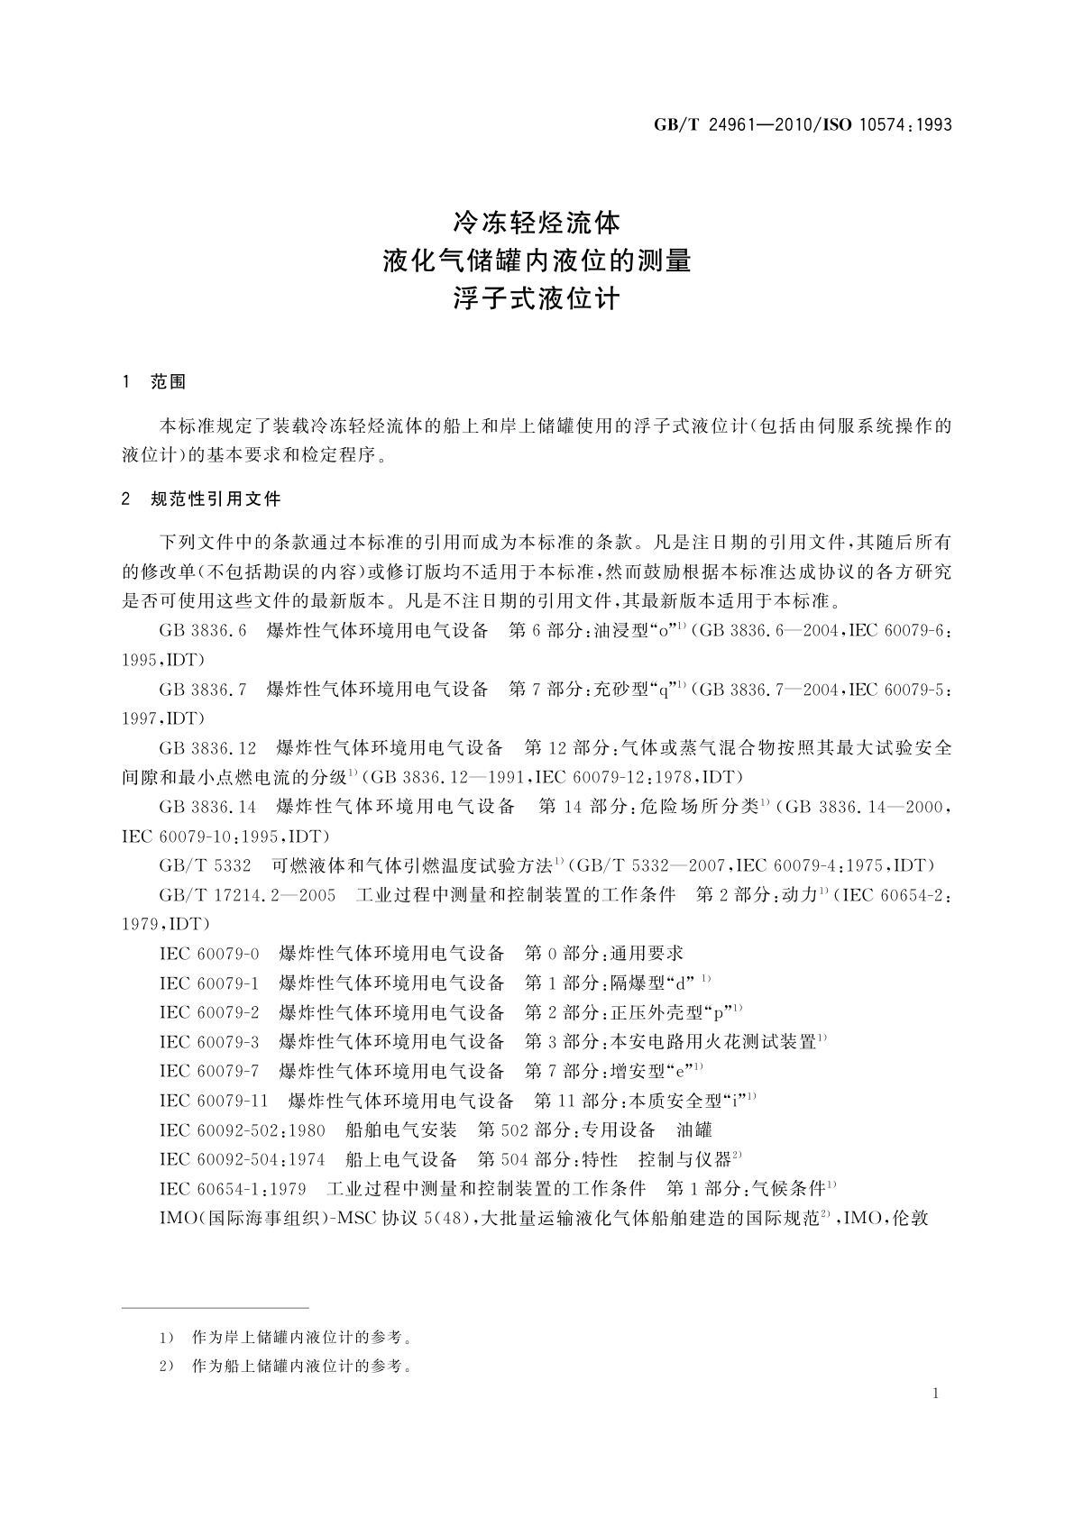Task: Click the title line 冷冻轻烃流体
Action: click(537, 222)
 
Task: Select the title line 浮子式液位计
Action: click(537, 298)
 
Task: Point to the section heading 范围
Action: click(168, 382)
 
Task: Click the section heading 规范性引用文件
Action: click(216, 498)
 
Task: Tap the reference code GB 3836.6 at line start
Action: click(202, 630)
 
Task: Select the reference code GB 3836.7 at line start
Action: click(202, 690)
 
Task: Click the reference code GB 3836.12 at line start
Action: click(207, 748)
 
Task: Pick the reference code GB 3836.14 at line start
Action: click(207, 807)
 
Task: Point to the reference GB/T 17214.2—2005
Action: click(247, 895)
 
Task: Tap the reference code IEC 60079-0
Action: click(209, 954)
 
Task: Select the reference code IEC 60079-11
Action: click(214, 1101)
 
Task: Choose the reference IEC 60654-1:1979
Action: click(233, 1189)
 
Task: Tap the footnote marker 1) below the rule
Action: click(166, 1337)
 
